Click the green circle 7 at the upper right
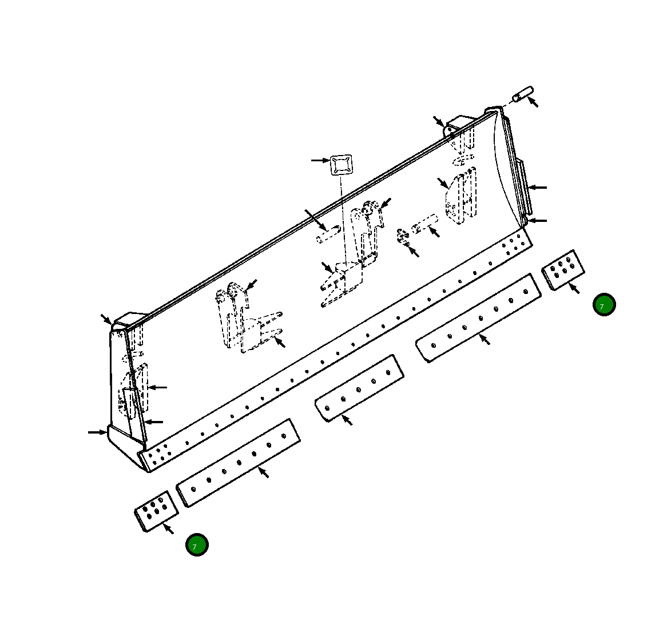[604, 305]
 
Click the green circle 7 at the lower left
[197, 545]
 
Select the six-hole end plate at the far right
[563, 269]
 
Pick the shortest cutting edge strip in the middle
[359, 387]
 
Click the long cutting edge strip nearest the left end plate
[238, 462]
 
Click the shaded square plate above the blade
[340, 165]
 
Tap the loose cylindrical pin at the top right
[522, 94]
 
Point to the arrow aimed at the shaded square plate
[320, 160]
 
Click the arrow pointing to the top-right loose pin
[533, 102]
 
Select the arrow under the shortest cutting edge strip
[347, 420]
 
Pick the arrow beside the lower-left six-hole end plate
[168, 528]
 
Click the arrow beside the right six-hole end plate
[573, 288]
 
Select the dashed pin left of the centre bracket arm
[329, 235]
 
